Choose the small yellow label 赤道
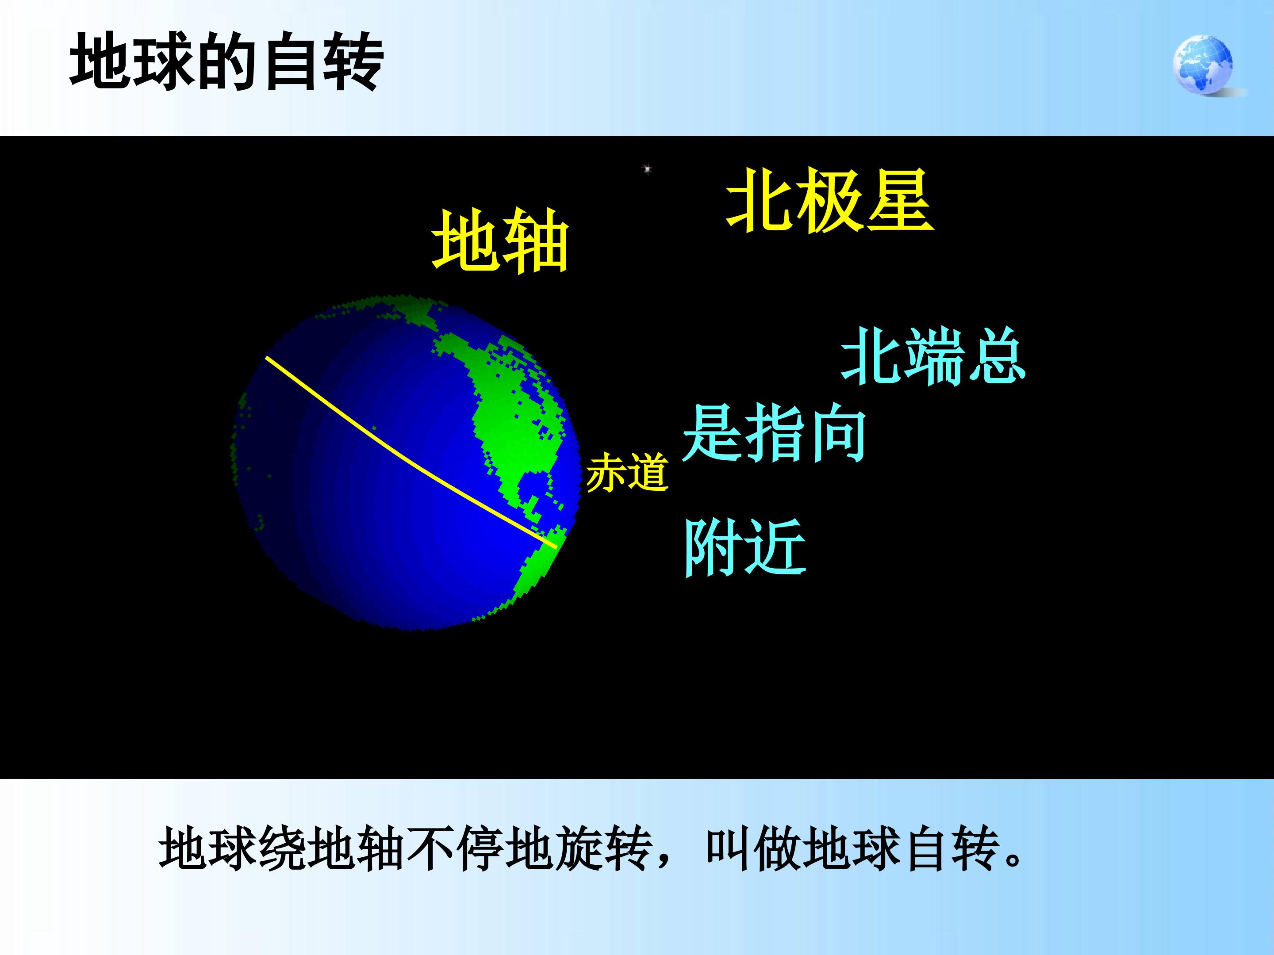coord(627,472)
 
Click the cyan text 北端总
coord(933,357)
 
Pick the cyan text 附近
coord(744,546)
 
